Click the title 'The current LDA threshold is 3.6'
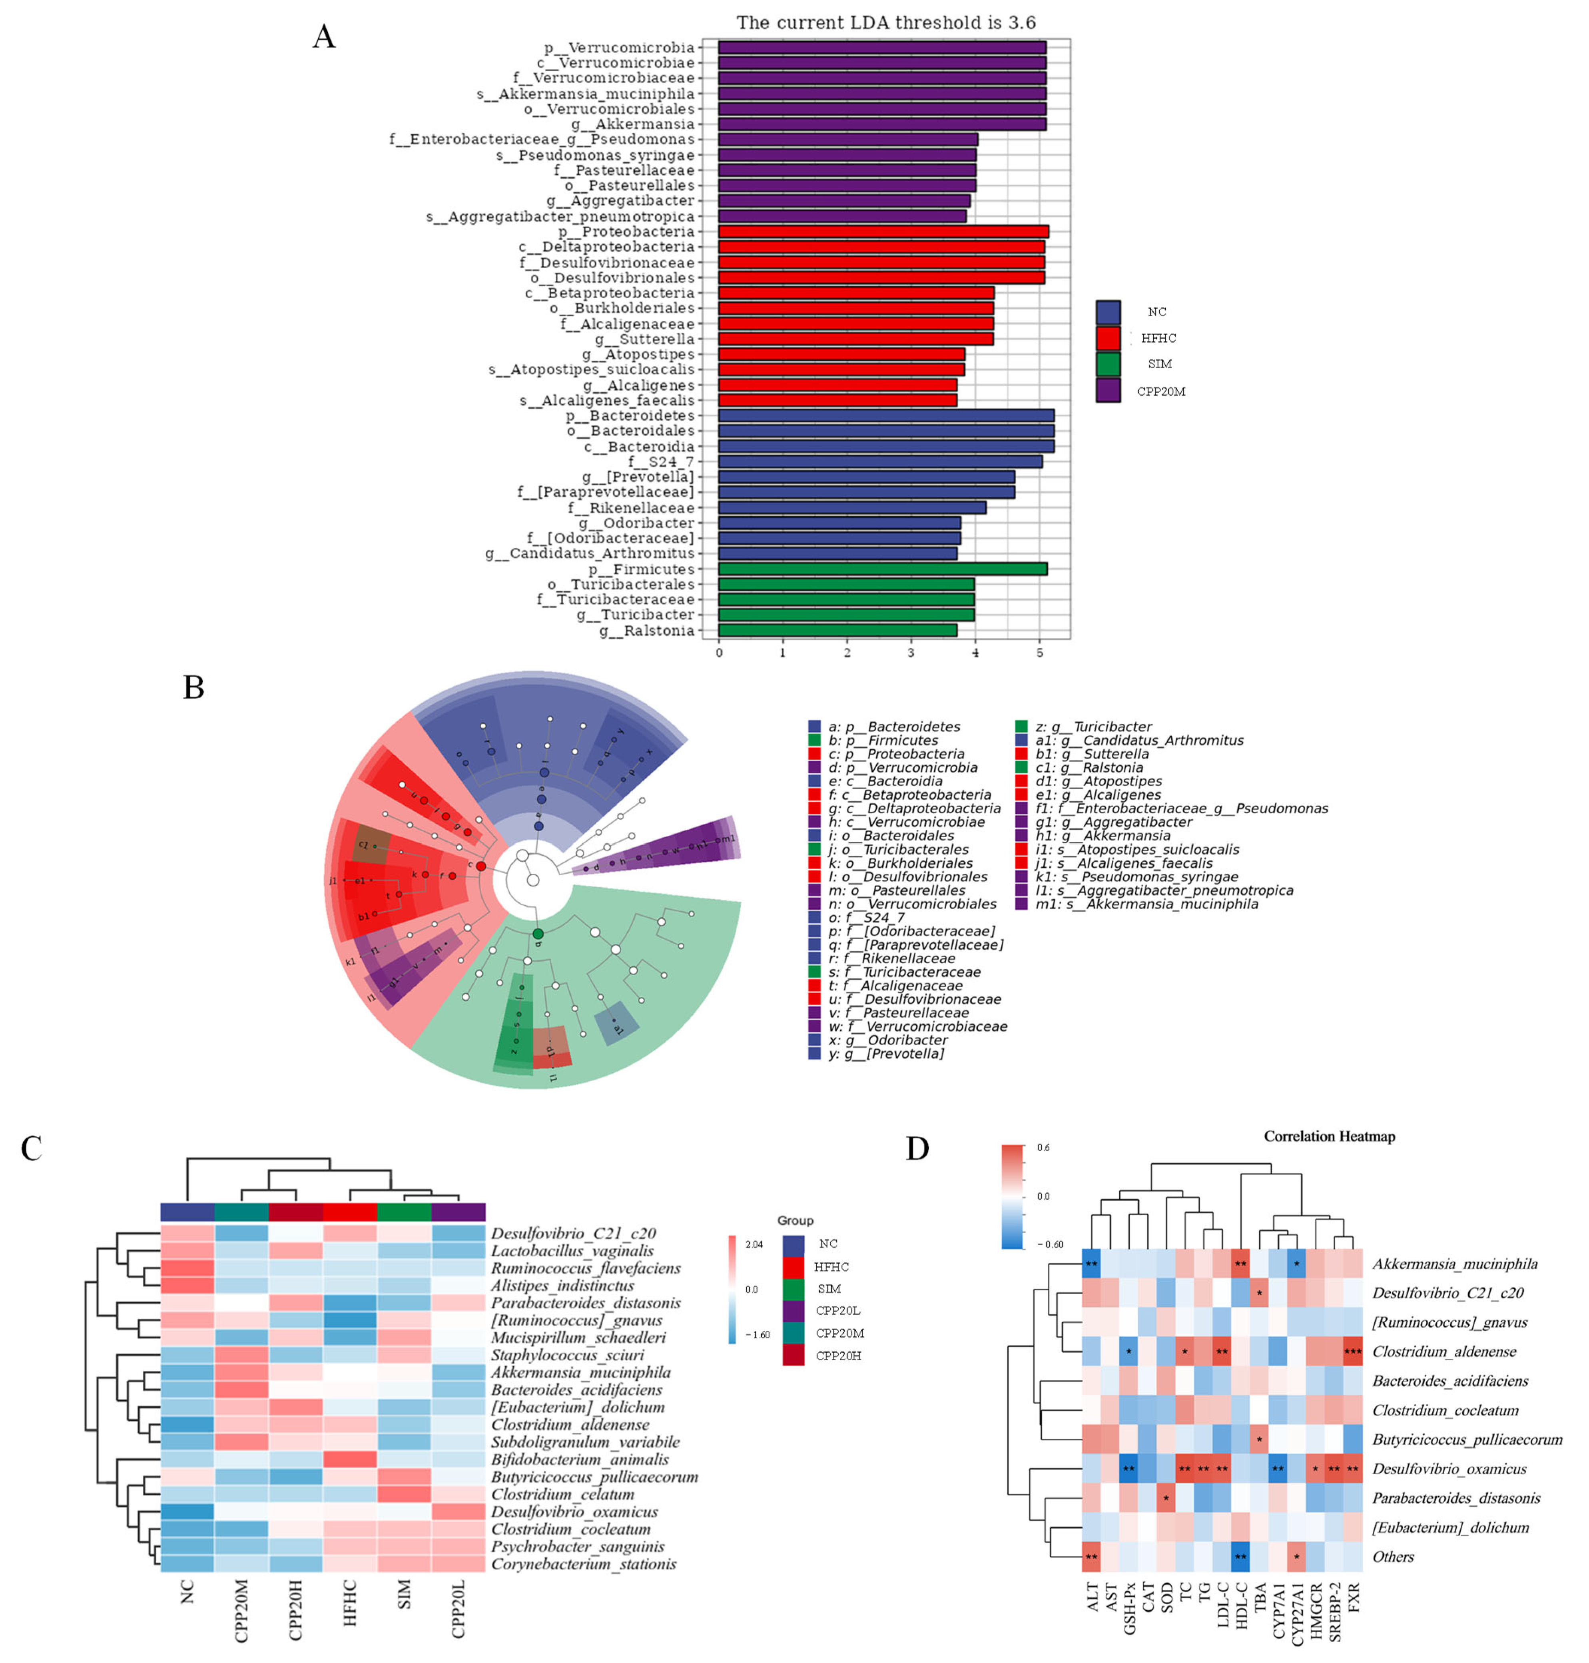pos(886,23)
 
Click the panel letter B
pos(194,687)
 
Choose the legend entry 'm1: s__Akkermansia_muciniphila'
pos(1146,904)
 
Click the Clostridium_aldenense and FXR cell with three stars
pos(1353,1351)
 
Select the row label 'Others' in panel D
pos(1394,1556)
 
